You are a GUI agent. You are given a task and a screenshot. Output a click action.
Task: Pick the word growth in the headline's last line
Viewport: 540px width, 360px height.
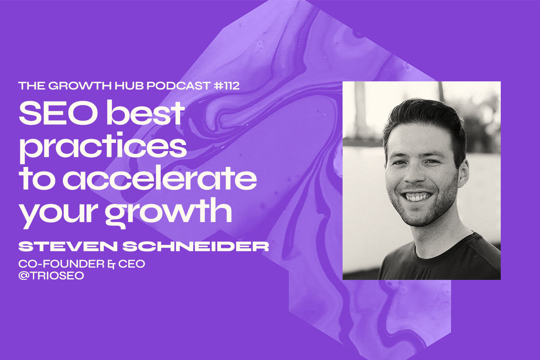[x=168, y=213]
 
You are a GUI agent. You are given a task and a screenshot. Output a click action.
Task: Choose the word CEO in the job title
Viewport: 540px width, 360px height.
[x=131, y=265]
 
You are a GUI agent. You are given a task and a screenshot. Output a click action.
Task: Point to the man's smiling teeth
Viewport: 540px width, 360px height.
[x=417, y=196]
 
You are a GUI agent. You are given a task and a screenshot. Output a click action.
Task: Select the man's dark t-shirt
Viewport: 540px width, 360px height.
[x=439, y=261]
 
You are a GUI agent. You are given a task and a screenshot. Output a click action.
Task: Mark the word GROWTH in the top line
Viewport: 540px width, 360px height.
[x=76, y=86]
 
